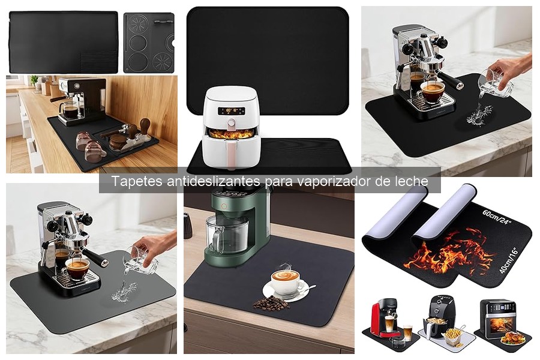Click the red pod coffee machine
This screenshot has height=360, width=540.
383,321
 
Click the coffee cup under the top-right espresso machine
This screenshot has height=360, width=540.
432,90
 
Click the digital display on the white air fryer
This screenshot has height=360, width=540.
229,110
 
